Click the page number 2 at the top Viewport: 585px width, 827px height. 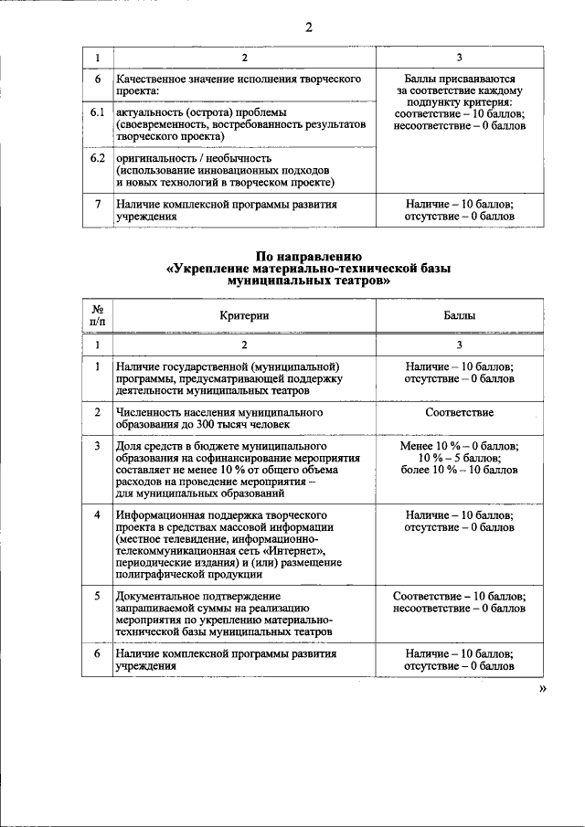(309, 27)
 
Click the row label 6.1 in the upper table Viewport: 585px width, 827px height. (98, 112)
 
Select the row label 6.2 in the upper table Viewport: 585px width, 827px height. (98, 158)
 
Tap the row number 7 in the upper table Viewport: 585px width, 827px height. (98, 204)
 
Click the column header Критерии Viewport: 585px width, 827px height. (244, 315)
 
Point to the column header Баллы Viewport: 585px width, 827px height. (459, 315)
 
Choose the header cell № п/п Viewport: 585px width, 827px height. (98, 315)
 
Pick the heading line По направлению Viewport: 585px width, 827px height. (309, 257)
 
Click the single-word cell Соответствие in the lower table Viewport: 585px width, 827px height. (459, 412)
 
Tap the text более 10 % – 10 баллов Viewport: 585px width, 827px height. (459, 470)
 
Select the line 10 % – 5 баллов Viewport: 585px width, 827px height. (459, 458)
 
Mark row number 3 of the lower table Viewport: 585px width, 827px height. (98, 446)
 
